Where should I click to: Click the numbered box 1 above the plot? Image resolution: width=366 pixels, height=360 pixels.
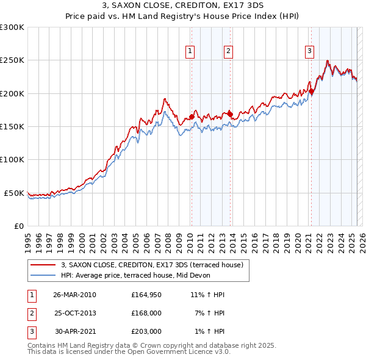pyautogui.click(x=191, y=51)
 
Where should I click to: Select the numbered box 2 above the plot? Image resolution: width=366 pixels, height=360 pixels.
pyautogui.click(x=228, y=51)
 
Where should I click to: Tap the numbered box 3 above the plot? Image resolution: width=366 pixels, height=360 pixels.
pyautogui.click(x=310, y=51)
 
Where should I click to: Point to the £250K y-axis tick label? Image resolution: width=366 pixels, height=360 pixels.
pyautogui.click(x=12, y=60)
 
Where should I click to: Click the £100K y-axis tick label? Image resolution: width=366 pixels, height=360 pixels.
pyautogui.click(x=12, y=159)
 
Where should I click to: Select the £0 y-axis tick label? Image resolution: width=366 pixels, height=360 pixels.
pyautogui.click(x=18, y=226)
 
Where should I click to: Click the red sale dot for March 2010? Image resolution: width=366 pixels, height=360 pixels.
pyautogui.click(x=192, y=117)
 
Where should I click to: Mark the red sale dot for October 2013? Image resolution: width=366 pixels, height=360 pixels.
pyautogui.click(x=230, y=113)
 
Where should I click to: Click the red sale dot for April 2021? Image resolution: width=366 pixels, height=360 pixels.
pyautogui.click(x=311, y=92)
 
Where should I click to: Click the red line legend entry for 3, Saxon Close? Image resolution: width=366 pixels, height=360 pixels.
pyautogui.click(x=152, y=265)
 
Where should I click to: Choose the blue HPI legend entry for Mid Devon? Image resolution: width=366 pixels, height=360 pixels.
pyautogui.click(x=135, y=275)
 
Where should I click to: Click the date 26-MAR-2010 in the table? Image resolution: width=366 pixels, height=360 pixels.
pyautogui.click(x=74, y=295)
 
